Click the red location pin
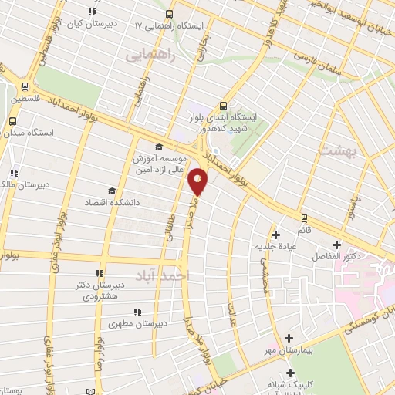199,181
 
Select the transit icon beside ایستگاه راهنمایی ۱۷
168,13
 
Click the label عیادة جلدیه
275,247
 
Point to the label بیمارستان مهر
288,351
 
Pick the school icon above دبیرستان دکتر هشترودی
99,273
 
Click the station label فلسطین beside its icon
27,100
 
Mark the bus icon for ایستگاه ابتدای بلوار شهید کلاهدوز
223,106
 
